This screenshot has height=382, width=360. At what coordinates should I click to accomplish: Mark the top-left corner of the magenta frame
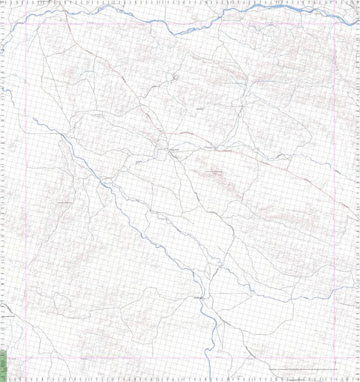tap(27, 24)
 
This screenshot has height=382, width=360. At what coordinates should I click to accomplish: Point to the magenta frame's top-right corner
tap(332, 24)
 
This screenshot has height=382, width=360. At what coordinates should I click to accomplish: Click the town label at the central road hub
tap(173, 150)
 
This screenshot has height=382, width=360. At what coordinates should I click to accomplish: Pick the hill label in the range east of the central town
tap(216, 173)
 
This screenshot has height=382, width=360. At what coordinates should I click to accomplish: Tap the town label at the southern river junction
tap(199, 298)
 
